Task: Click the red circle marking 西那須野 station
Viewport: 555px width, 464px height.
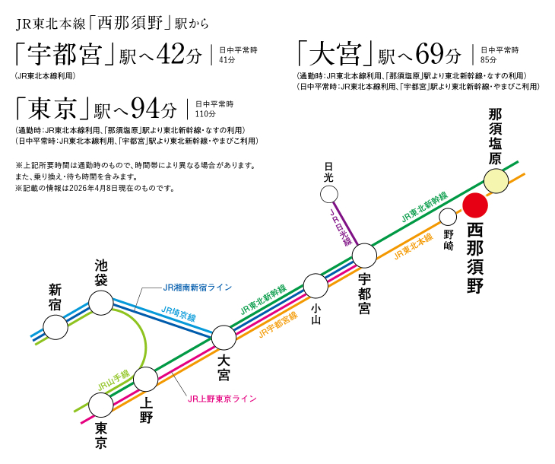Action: (x=477, y=206)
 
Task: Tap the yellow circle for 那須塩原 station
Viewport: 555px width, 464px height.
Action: (x=496, y=181)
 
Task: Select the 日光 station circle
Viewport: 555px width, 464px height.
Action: (x=328, y=195)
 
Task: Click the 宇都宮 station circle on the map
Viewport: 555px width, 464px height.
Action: (x=364, y=256)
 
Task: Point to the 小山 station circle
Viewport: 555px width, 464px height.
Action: (x=315, y=286)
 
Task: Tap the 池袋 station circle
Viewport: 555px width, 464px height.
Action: (x=101, y=303)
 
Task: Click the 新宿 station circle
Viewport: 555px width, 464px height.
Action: (x=55, y=327)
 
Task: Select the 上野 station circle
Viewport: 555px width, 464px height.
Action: (x=145, y=378)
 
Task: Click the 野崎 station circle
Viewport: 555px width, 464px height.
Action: (x=449, y=217)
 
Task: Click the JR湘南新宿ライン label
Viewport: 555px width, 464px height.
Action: (x=198, y=288)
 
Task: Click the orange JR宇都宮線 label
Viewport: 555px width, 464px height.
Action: (x=277, y=324)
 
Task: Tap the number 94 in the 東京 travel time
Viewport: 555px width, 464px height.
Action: (x=144, y=110)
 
